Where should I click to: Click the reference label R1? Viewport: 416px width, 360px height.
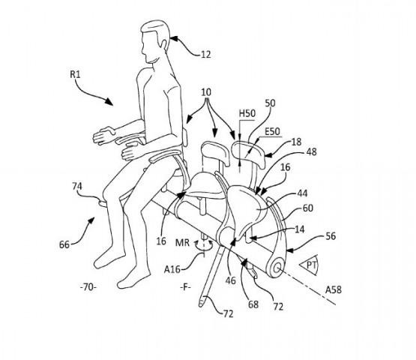click(75, 74)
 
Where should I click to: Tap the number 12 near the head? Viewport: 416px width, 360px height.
click(206, 55)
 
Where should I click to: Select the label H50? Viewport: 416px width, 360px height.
click(247, 113)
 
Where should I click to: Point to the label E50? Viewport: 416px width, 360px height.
click(272, 131)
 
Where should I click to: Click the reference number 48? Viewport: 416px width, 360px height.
click(311, 151)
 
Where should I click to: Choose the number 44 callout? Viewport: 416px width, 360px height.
click(302, 193)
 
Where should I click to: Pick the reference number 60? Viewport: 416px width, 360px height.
click(308, 208)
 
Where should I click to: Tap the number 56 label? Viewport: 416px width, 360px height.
click(331, 236)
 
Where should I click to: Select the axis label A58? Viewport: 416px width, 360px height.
click(334, 289)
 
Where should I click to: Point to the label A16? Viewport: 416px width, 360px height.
click(172, 269)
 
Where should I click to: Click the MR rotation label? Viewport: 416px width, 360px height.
click(183, 242)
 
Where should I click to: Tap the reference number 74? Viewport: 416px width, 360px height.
click(77, 186)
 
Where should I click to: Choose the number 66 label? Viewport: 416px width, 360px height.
click(64, 244)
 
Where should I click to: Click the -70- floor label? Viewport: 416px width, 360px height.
click(88, 287)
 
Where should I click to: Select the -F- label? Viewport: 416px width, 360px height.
click(185, 287)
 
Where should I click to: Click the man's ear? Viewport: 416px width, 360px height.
click(165, 44)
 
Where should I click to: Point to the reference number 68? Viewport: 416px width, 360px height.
click(253, 304)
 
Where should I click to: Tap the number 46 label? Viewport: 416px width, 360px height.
click(230, 280)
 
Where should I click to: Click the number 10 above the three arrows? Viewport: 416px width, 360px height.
click(206, 92)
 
